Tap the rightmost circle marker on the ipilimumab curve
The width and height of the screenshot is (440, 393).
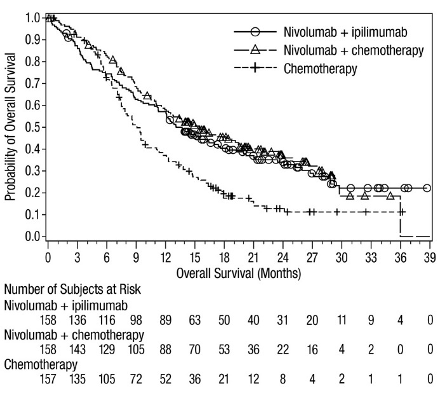pos(427,188)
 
